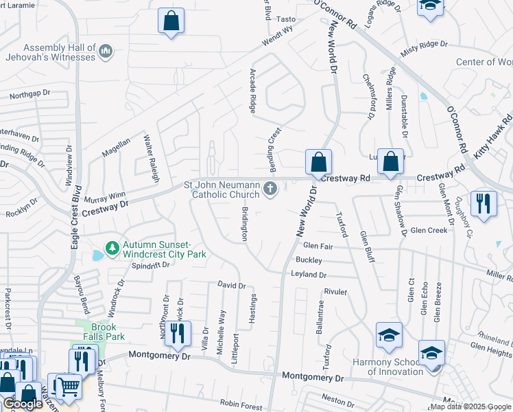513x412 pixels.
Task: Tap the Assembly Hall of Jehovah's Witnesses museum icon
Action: coord(106,51)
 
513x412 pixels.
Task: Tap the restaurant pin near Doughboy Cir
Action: coord(484,204)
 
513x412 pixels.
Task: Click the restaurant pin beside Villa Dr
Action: coord(177,334)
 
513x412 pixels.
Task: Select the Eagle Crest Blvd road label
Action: coord(77,217)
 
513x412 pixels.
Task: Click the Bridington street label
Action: coord(244,220)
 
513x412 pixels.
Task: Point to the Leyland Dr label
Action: coord(309,275)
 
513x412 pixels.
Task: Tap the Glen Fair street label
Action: coord(318,245)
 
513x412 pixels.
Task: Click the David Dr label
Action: coord(231,285)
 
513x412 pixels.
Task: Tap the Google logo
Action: coord(23,404)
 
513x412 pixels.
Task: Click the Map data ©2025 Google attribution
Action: coord(470,407)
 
